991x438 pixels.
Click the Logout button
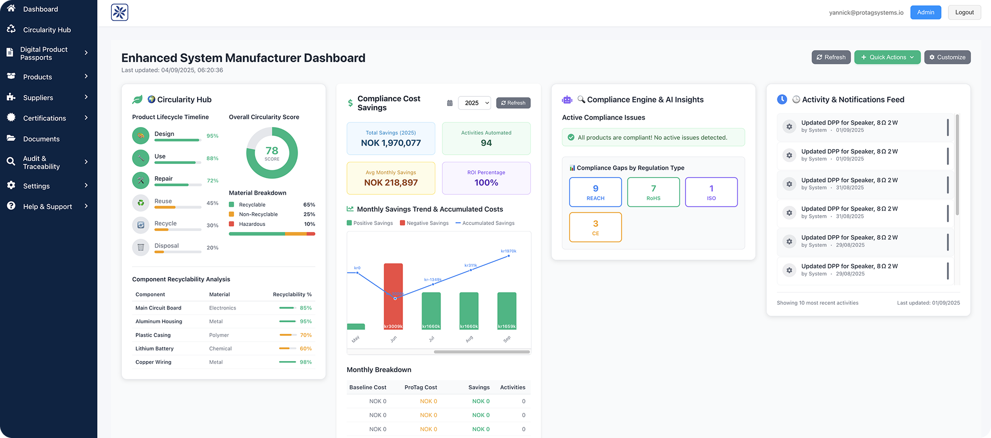click(x=964, y=12)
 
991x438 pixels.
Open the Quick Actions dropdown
click(x=887, y=57)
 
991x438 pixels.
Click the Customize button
click(x=947, y=57)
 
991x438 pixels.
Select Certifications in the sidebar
click(x=45, y=118)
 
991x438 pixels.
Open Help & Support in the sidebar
click(x=47, y=206)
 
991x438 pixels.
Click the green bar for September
click(x=507, y=310)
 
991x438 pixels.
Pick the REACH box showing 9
click(x=595, y=192)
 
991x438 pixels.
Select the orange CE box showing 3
click(x=595, y=227)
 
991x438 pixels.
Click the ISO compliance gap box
click(x=711, y=192)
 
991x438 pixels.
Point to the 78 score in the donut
click(x=272, y=152)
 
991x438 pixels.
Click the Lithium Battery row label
click(x=154, y=349)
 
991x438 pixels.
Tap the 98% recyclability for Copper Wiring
click(x=306, y=362)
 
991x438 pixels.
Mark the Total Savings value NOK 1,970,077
click(x=391, y=143)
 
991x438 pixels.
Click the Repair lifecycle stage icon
click(x=141, y=180)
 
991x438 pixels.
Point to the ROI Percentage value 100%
click(x=486, y=183)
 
